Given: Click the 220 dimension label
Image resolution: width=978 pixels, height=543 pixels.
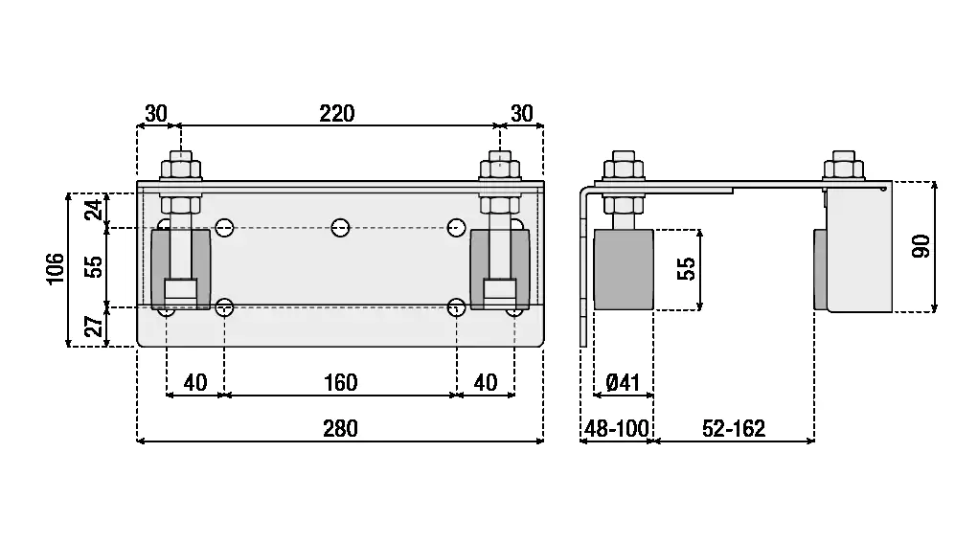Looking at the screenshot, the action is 337,113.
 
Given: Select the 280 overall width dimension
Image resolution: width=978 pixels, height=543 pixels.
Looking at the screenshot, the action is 340,428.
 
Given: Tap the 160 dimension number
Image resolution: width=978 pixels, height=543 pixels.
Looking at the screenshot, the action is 340,382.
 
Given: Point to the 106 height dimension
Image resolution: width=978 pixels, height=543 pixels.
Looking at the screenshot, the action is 56,268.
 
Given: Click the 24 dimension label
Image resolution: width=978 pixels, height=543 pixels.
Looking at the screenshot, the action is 95,210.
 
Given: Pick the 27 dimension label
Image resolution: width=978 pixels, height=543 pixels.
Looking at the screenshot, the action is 95,326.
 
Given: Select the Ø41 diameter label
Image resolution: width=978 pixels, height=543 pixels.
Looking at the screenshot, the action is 623,382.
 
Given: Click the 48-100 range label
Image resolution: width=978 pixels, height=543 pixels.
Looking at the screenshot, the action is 617,428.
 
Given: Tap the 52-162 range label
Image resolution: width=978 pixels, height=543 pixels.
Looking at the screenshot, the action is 734,428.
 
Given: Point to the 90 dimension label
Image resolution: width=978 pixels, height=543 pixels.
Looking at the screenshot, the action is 921,246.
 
